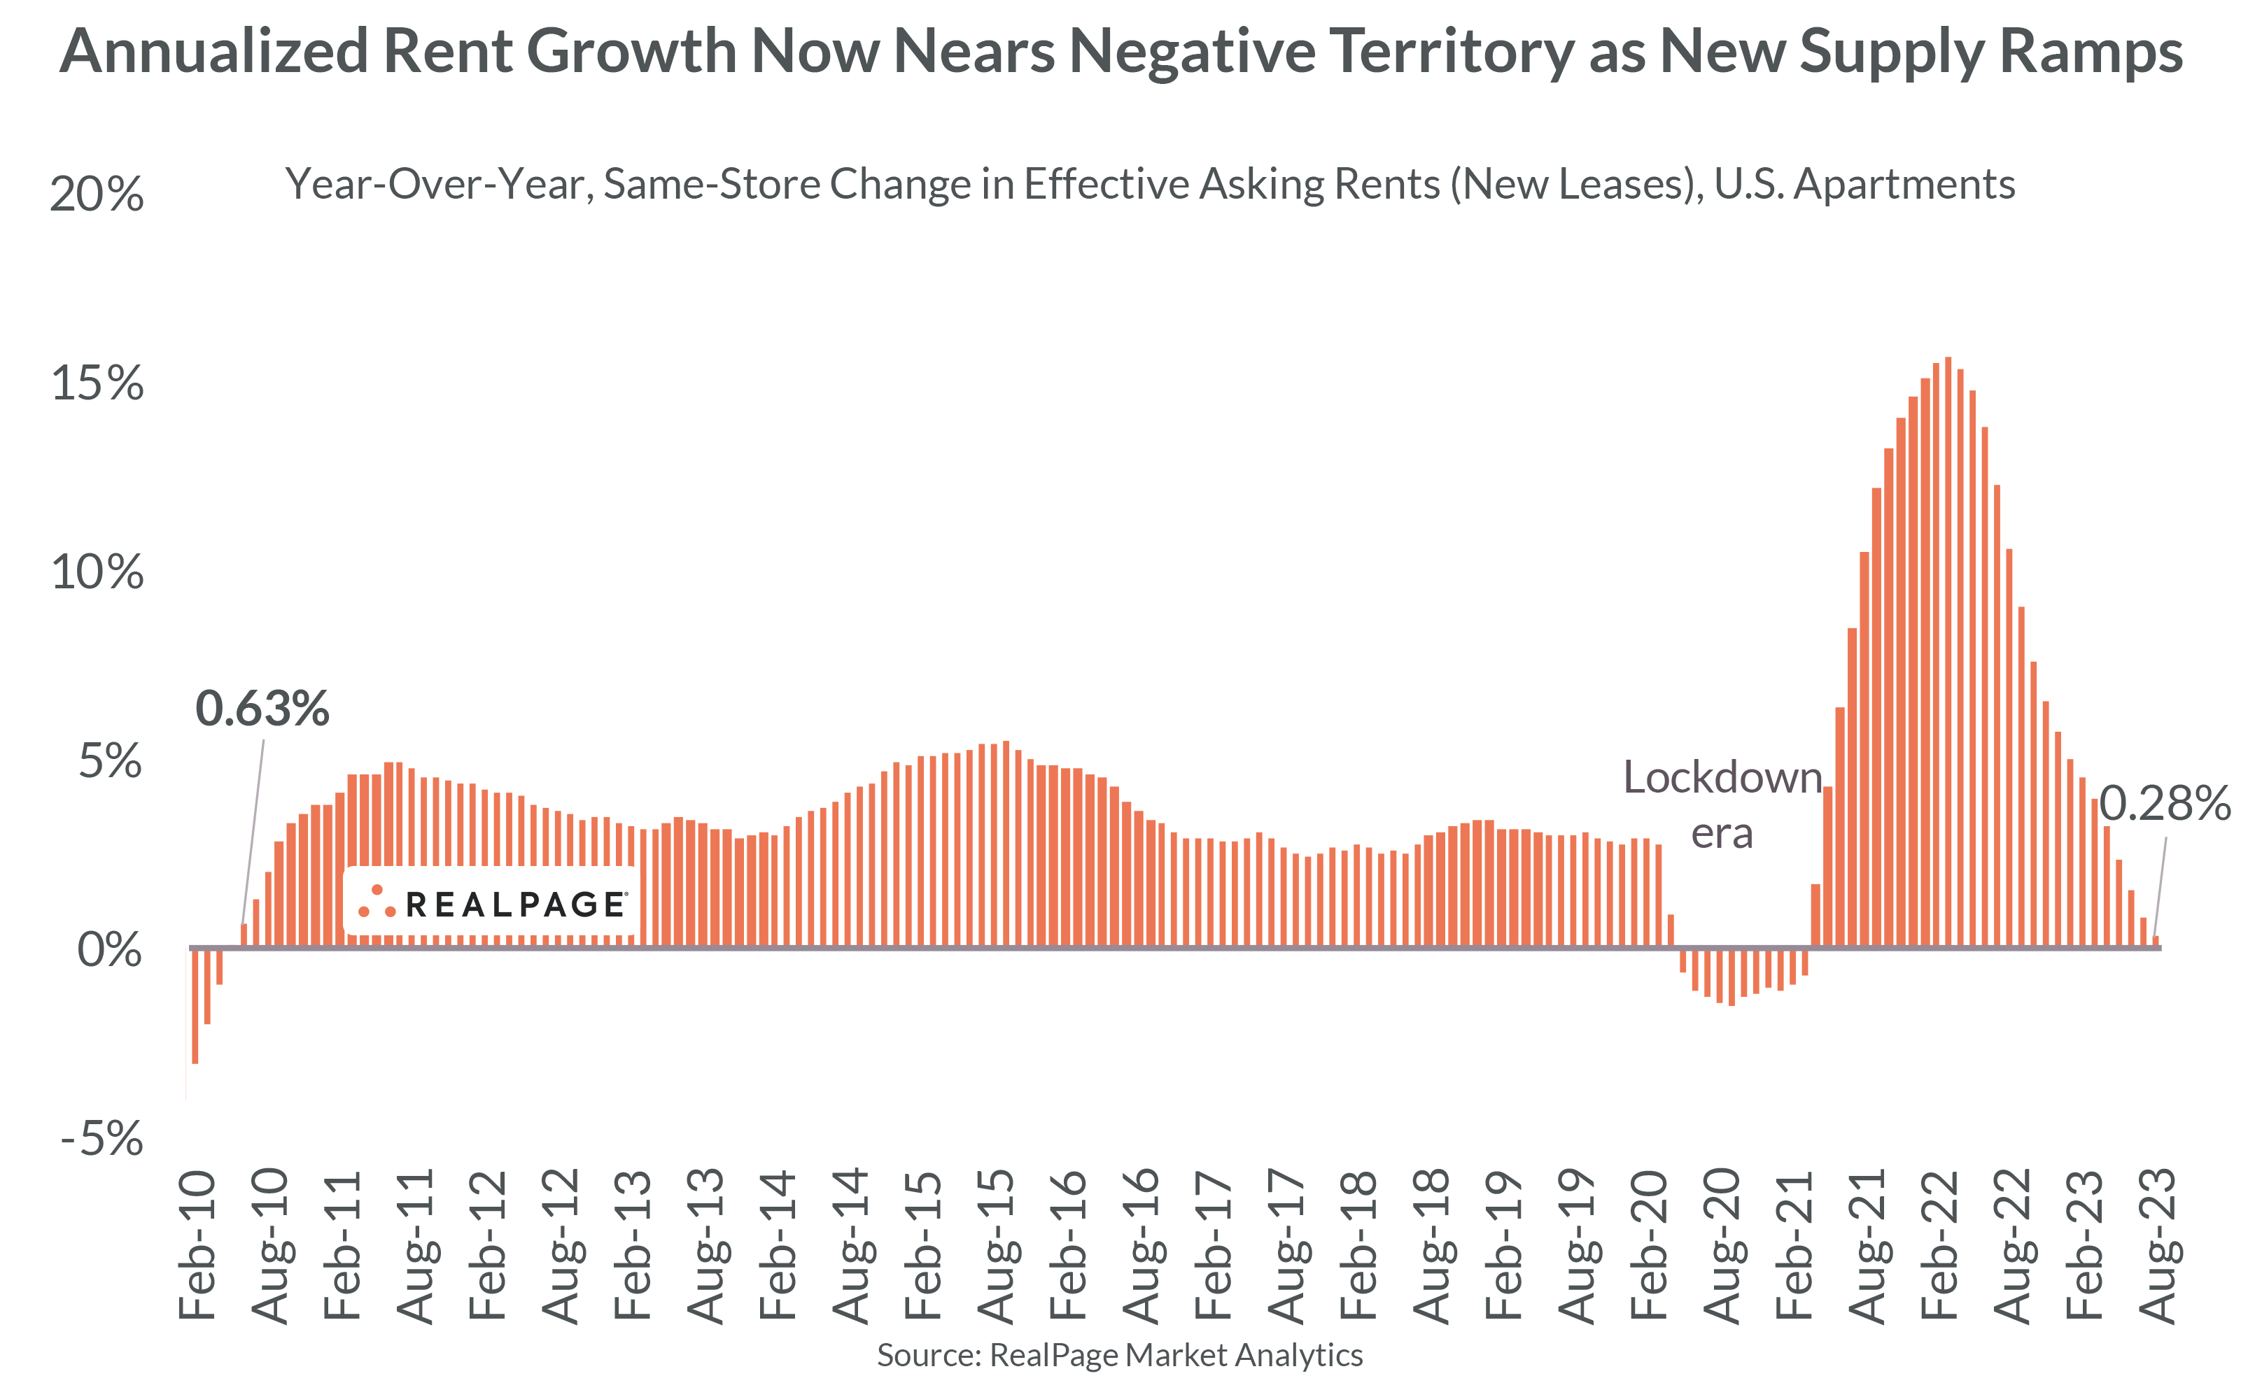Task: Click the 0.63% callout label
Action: [262, 708]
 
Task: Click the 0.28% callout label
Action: [2164, 804]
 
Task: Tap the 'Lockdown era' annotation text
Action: [1722, 804]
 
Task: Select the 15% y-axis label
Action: [97, 383]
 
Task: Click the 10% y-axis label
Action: [97, 573]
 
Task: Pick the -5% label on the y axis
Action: [101, 1140]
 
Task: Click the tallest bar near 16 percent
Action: [1948, 644]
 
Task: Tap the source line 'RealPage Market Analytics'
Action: [1175, 1355]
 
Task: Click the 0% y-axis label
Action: [108, 950]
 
